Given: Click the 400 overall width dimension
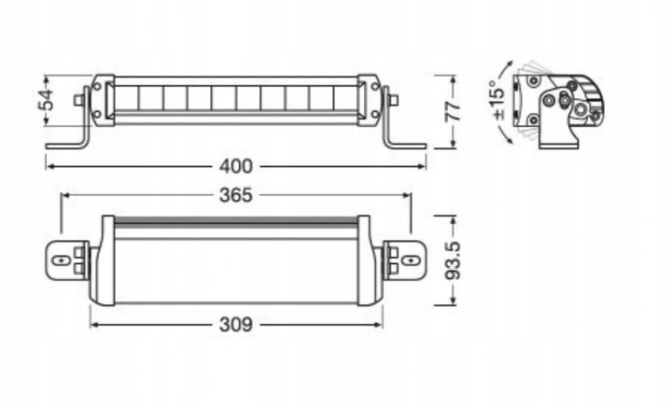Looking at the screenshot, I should point(235,166).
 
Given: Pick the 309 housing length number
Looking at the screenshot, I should point(235,324).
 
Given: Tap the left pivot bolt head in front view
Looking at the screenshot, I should point(77,98).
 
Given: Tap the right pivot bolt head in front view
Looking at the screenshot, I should point(395,98).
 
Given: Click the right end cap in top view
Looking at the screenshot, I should point(371,261).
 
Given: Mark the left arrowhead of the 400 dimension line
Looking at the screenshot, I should point(49,166).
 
